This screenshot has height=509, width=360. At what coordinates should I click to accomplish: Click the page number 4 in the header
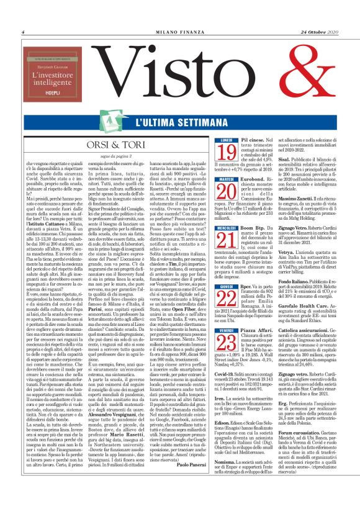[x=22, y=32]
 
